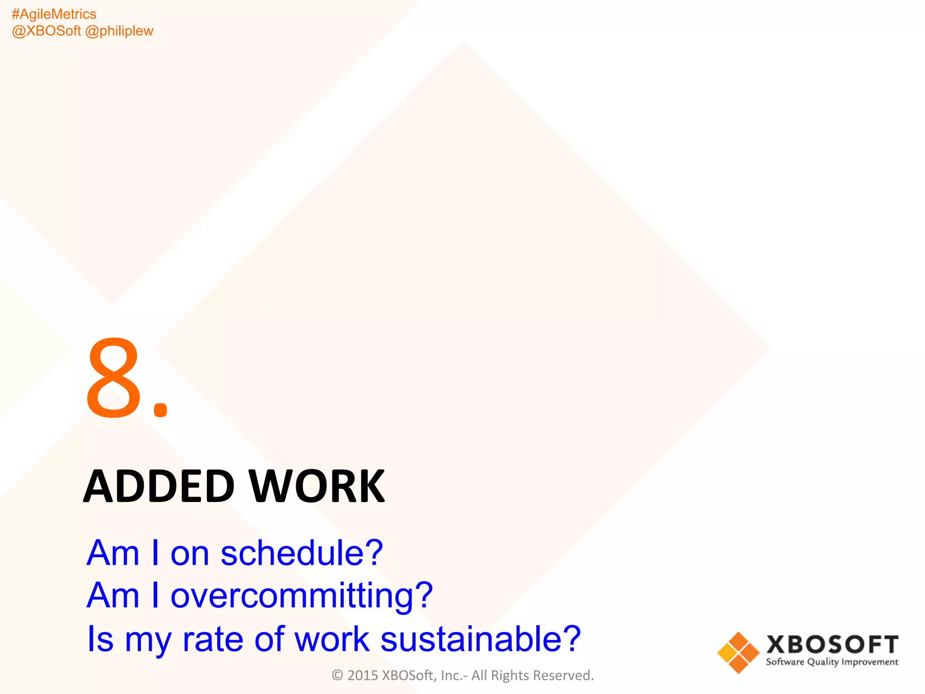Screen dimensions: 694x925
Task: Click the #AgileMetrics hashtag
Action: (54, 14)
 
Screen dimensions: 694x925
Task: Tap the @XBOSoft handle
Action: (46, 31)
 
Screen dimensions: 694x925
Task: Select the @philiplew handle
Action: (119, 31)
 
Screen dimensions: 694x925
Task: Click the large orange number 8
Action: (113, 378)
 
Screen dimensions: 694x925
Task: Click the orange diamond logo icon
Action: (738, 652)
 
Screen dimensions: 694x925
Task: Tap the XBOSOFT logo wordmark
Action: (832, 644)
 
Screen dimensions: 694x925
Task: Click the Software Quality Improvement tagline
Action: (832, 662)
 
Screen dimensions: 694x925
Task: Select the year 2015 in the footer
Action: (362, 675)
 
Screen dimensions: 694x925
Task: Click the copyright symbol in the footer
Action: (337, 675)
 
